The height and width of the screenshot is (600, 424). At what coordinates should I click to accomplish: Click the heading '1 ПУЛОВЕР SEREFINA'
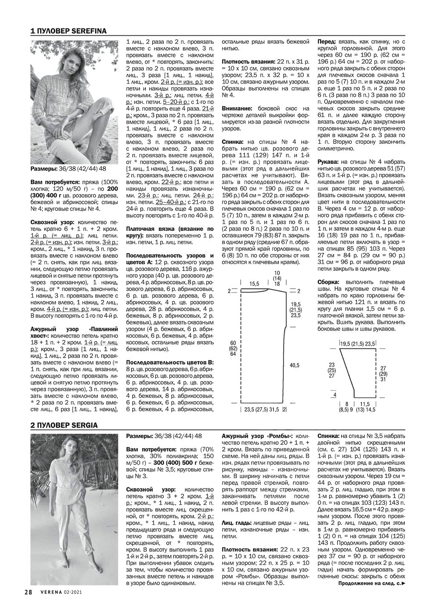pos(68,31)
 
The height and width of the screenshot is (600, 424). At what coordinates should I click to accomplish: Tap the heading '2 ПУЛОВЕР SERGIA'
pos(64,425)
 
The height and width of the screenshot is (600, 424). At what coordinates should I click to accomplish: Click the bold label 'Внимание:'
pos(237,109)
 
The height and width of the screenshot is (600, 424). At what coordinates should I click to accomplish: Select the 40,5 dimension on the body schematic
pos(294,365)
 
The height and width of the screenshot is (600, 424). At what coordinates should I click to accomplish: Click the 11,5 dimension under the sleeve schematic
pos(366,404)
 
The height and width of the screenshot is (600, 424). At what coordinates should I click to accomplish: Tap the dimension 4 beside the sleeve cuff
pos(335,395)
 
